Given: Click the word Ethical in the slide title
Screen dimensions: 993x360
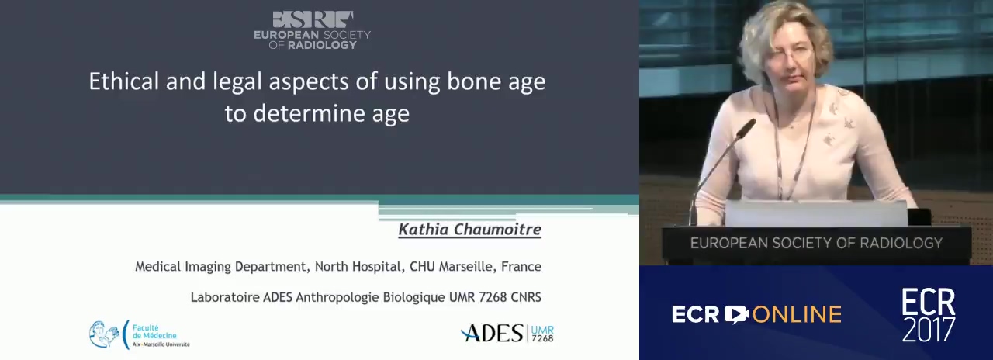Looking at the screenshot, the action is pyautogui.click(x=123, y=81).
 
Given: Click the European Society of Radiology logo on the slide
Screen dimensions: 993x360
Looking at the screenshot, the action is pyautogui.click(x=312, y=29).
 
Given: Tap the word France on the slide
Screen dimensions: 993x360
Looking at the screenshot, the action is pyautogui.click(x=521, y=266).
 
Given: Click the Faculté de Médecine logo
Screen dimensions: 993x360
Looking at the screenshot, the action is pyautogui.click(x=139, y=334).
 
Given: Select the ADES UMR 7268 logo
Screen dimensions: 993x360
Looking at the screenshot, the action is pyautogui.click(x=507, y=334).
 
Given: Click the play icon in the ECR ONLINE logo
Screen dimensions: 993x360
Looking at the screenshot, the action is pyautogui.click(x=736, y=314).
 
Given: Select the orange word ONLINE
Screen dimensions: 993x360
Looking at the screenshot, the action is pyautogui.click(x=797, y=315).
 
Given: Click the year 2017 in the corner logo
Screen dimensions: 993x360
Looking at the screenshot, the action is pyautogui.click(x=929, y=330).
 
